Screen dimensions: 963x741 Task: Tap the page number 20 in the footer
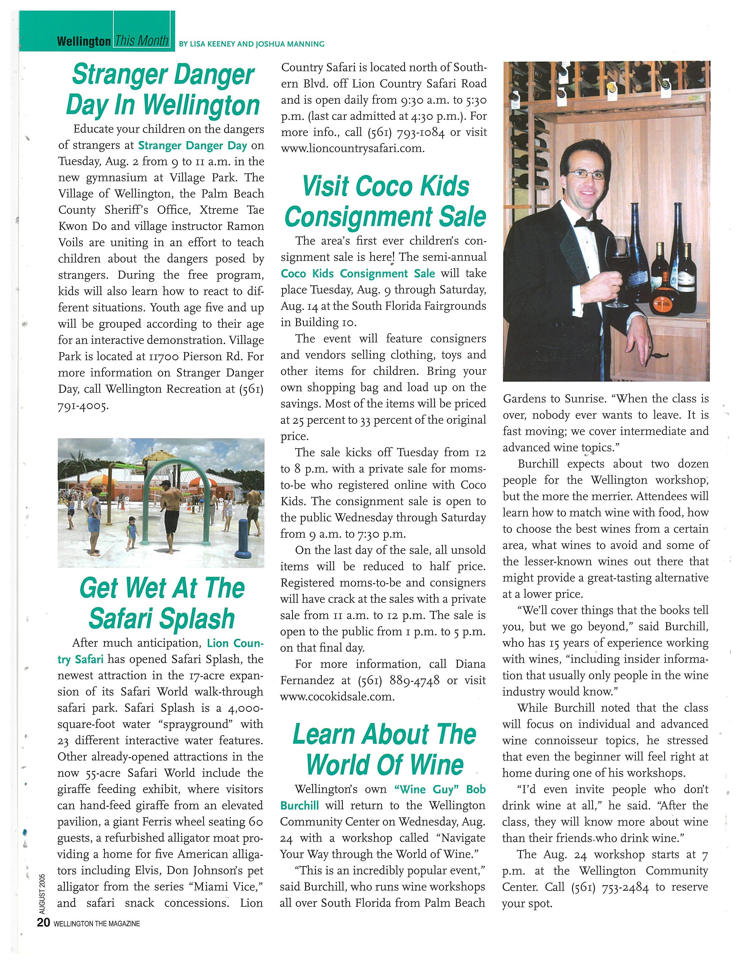(x=44, y=935)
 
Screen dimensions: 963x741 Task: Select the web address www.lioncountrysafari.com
(x=353, y=148)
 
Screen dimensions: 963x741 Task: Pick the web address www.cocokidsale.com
(x=337, y=697)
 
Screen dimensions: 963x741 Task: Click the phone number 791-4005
(x=83, y=406)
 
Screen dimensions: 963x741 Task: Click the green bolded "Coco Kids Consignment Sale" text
(x=358, y=274)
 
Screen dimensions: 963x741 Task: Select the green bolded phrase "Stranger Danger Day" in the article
(x=192, y=145)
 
